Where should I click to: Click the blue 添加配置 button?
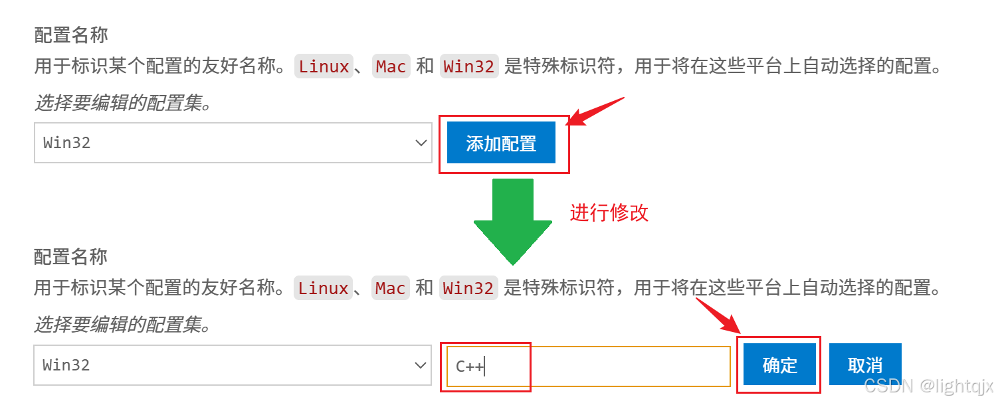tap(501, 143)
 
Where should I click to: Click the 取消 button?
tap(865, 364)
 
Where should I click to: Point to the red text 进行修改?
tap(609, 212)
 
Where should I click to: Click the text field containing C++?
tap(588, 366)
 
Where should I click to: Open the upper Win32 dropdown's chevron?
tap(420, 143)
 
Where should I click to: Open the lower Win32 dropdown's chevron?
tap(420, 365)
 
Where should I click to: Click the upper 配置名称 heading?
tap(70, 35)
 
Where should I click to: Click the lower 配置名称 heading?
tap(70, 257)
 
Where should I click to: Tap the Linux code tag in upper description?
tap(324, 66)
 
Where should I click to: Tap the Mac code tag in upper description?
tap(391, 66)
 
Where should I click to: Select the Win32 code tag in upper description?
tap(468, 66)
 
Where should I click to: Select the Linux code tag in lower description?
tap(324, 288)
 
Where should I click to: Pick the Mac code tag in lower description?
tap(390, 288)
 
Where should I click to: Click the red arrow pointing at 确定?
tap(718, 316)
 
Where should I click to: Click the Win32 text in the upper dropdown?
tap(66, 143)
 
